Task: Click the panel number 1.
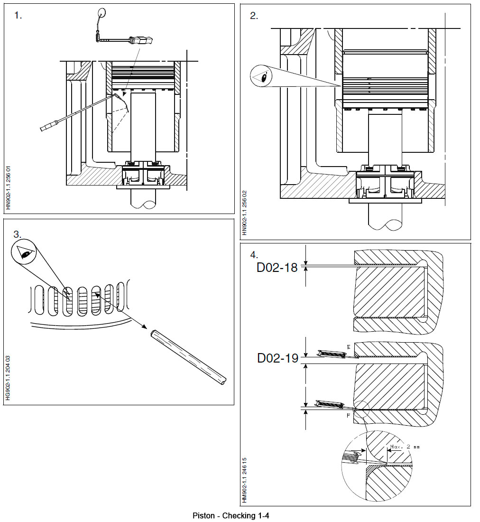click(18, 16)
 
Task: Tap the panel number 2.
click(254, 16)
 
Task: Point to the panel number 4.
click(254, 254)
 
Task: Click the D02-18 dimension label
click(277, 268)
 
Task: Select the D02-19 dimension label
click(277, 358)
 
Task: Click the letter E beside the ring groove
click(349, 348)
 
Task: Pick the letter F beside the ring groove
click(349, 415)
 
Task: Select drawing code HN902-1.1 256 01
click(8, 187)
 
